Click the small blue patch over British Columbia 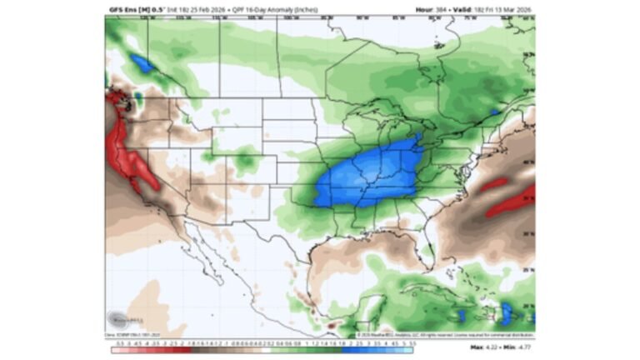click(142, 62)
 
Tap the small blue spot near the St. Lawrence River click(494, 111)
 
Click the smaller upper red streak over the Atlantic click(492, 183)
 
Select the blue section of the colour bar click(375, 350)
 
